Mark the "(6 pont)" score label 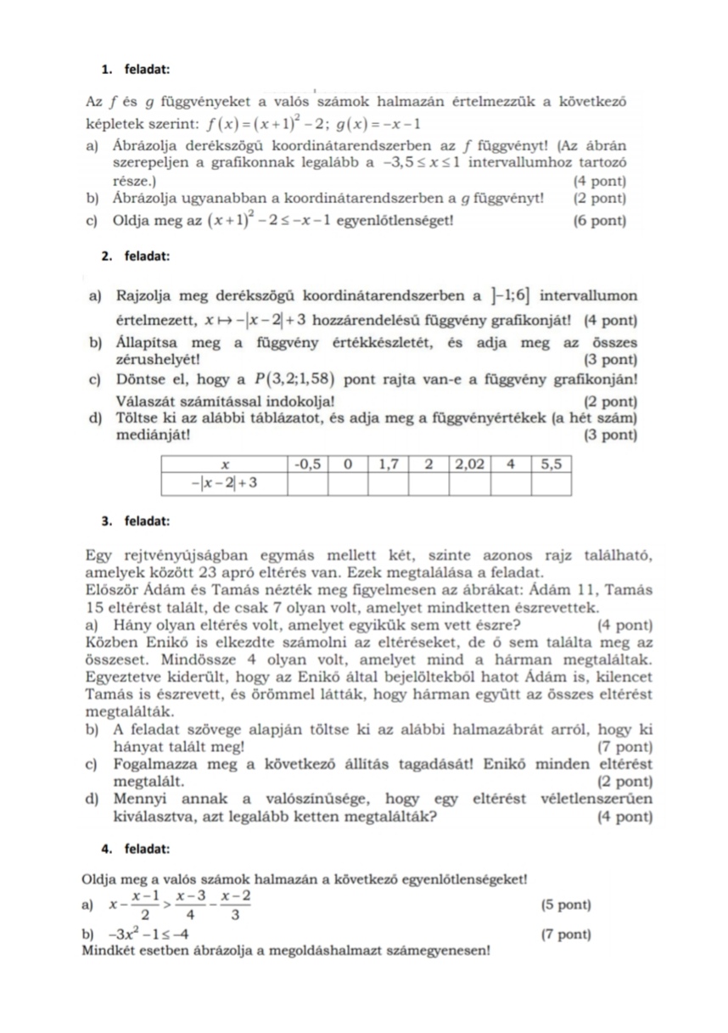tap(600, 222)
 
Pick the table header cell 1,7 tap(389, 465)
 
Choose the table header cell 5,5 tap(552, 465)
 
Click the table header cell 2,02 tap(469, 465)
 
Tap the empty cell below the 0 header tap(349, 484)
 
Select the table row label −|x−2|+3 tap(225, 484)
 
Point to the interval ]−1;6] tap(511, 296)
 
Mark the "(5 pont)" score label tap(566, 905)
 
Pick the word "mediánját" tap(151, 436)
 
